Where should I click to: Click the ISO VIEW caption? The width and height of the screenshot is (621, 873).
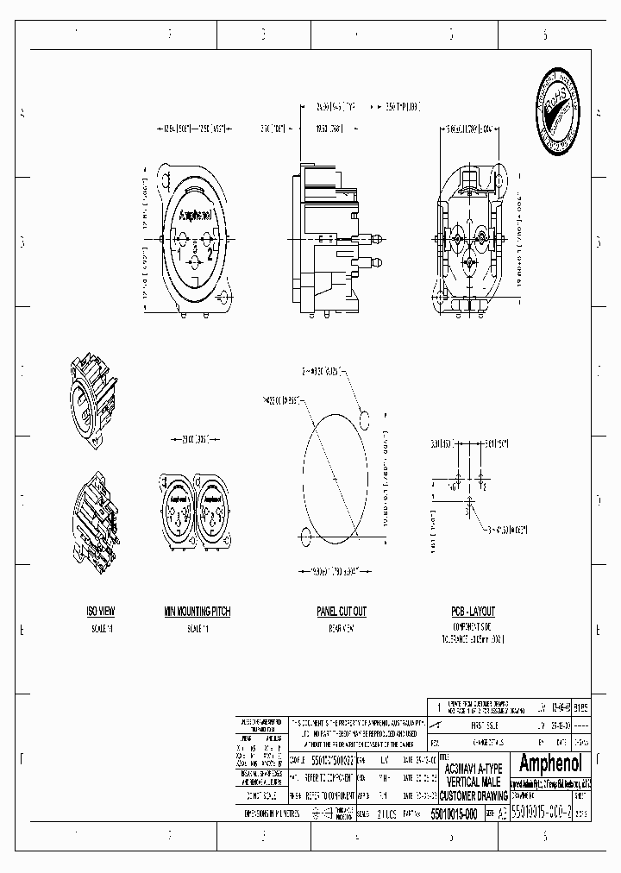101,611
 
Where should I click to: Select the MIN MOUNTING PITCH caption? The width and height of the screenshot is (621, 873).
198,611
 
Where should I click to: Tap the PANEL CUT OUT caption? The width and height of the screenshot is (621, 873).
341,611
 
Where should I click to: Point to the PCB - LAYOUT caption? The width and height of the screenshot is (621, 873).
474,611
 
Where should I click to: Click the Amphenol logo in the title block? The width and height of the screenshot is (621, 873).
552,763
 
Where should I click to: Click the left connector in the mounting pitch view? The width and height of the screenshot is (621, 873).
177,513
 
